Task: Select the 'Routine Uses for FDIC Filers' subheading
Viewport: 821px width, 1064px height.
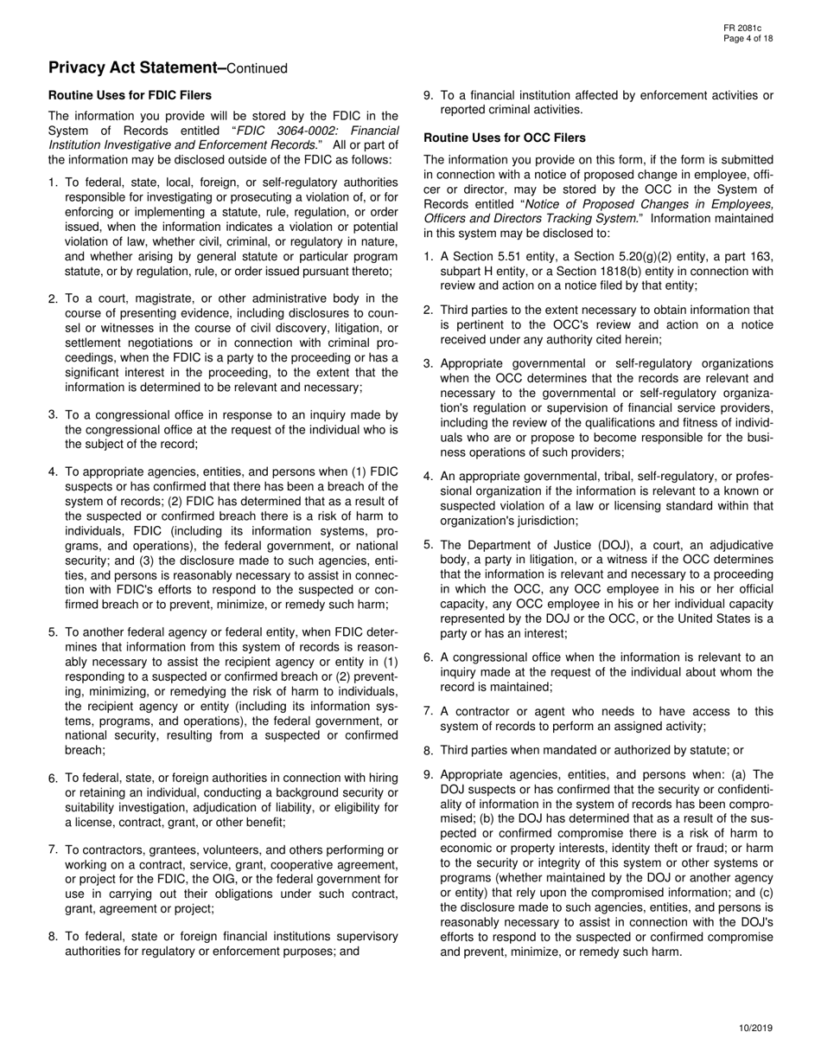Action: click(130, 95)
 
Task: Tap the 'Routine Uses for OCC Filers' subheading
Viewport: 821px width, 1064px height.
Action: click(504, 138)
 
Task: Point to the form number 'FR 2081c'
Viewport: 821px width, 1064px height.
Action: click(743, 29)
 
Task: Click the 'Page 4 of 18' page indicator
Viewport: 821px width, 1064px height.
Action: click(748, 39)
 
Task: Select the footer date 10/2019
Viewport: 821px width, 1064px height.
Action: click(755, 1028)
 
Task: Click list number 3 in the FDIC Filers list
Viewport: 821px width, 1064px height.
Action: click(54, 414)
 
